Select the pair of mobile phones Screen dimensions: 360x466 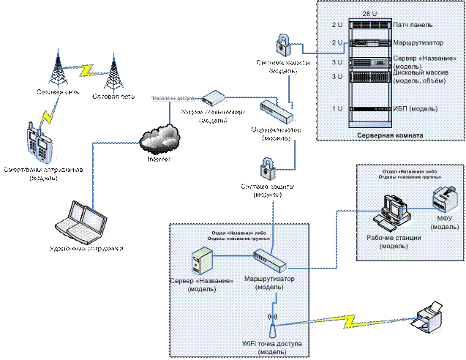(x=39, y=139)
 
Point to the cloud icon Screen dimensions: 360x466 (x=159, y=136)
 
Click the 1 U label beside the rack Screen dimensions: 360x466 (x=337, y=109)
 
